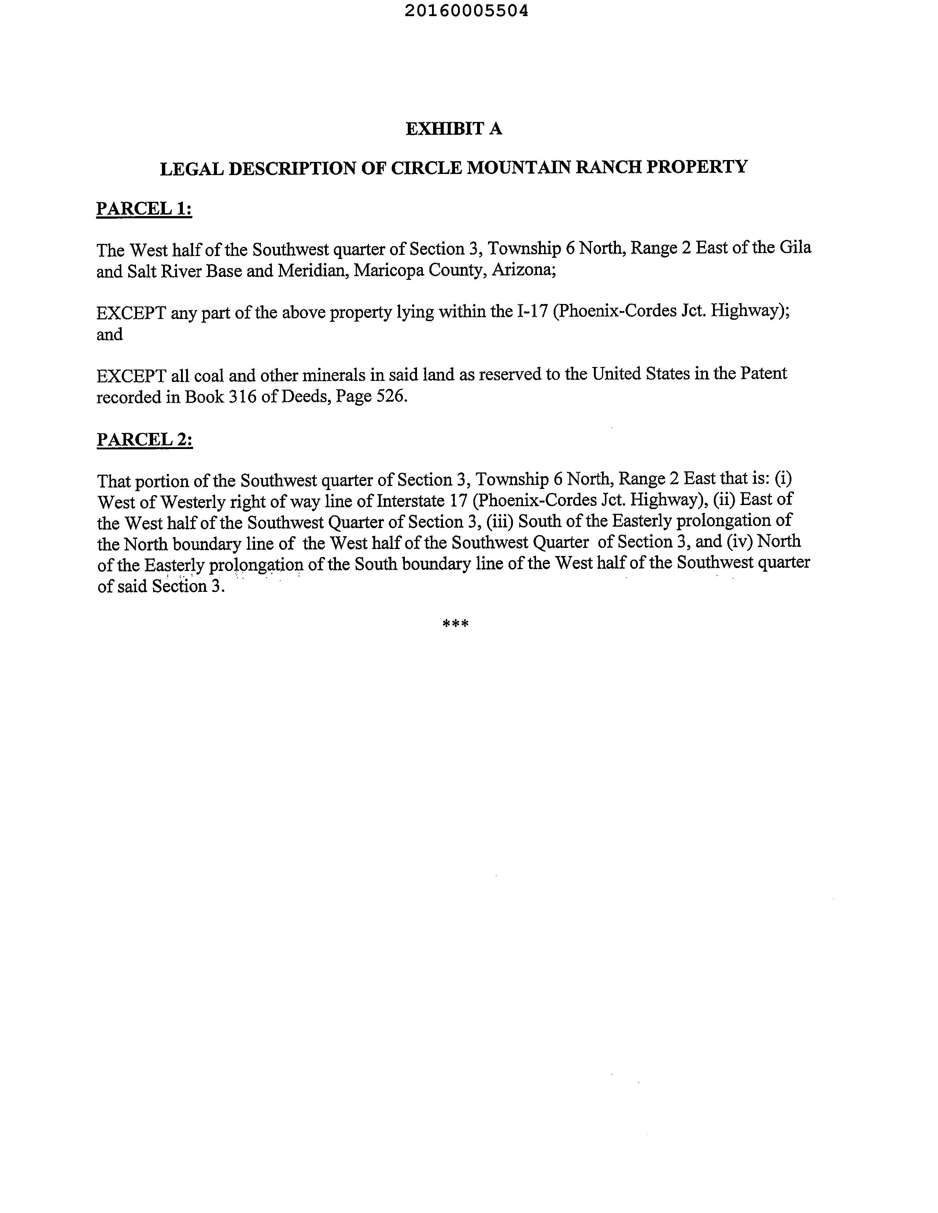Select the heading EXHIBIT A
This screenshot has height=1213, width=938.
pos(454,129)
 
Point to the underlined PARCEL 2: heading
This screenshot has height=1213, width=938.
pos(144,439)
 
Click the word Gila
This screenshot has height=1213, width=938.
pos(795,247)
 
